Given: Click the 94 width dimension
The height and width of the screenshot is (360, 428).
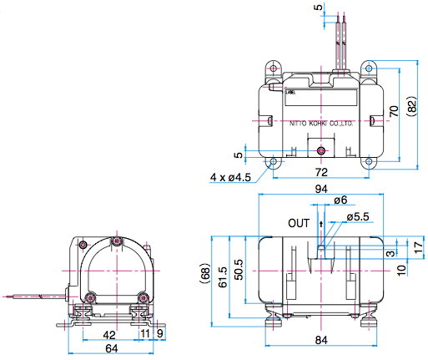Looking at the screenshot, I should click(x=320, y=190).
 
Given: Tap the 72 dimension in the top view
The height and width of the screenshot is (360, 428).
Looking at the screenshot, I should click(x=320, y=172).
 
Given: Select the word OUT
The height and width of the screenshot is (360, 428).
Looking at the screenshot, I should click(x=298, y=224).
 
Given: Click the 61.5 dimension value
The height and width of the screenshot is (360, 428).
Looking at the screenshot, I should click(x=223, y=276).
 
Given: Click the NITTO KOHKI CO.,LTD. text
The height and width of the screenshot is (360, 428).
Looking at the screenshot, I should click(x=323, y=123).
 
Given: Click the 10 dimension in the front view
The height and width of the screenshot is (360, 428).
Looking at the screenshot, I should click(x=401, y=268).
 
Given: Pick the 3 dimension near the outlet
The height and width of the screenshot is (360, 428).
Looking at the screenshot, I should click(x=390, y=252).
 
